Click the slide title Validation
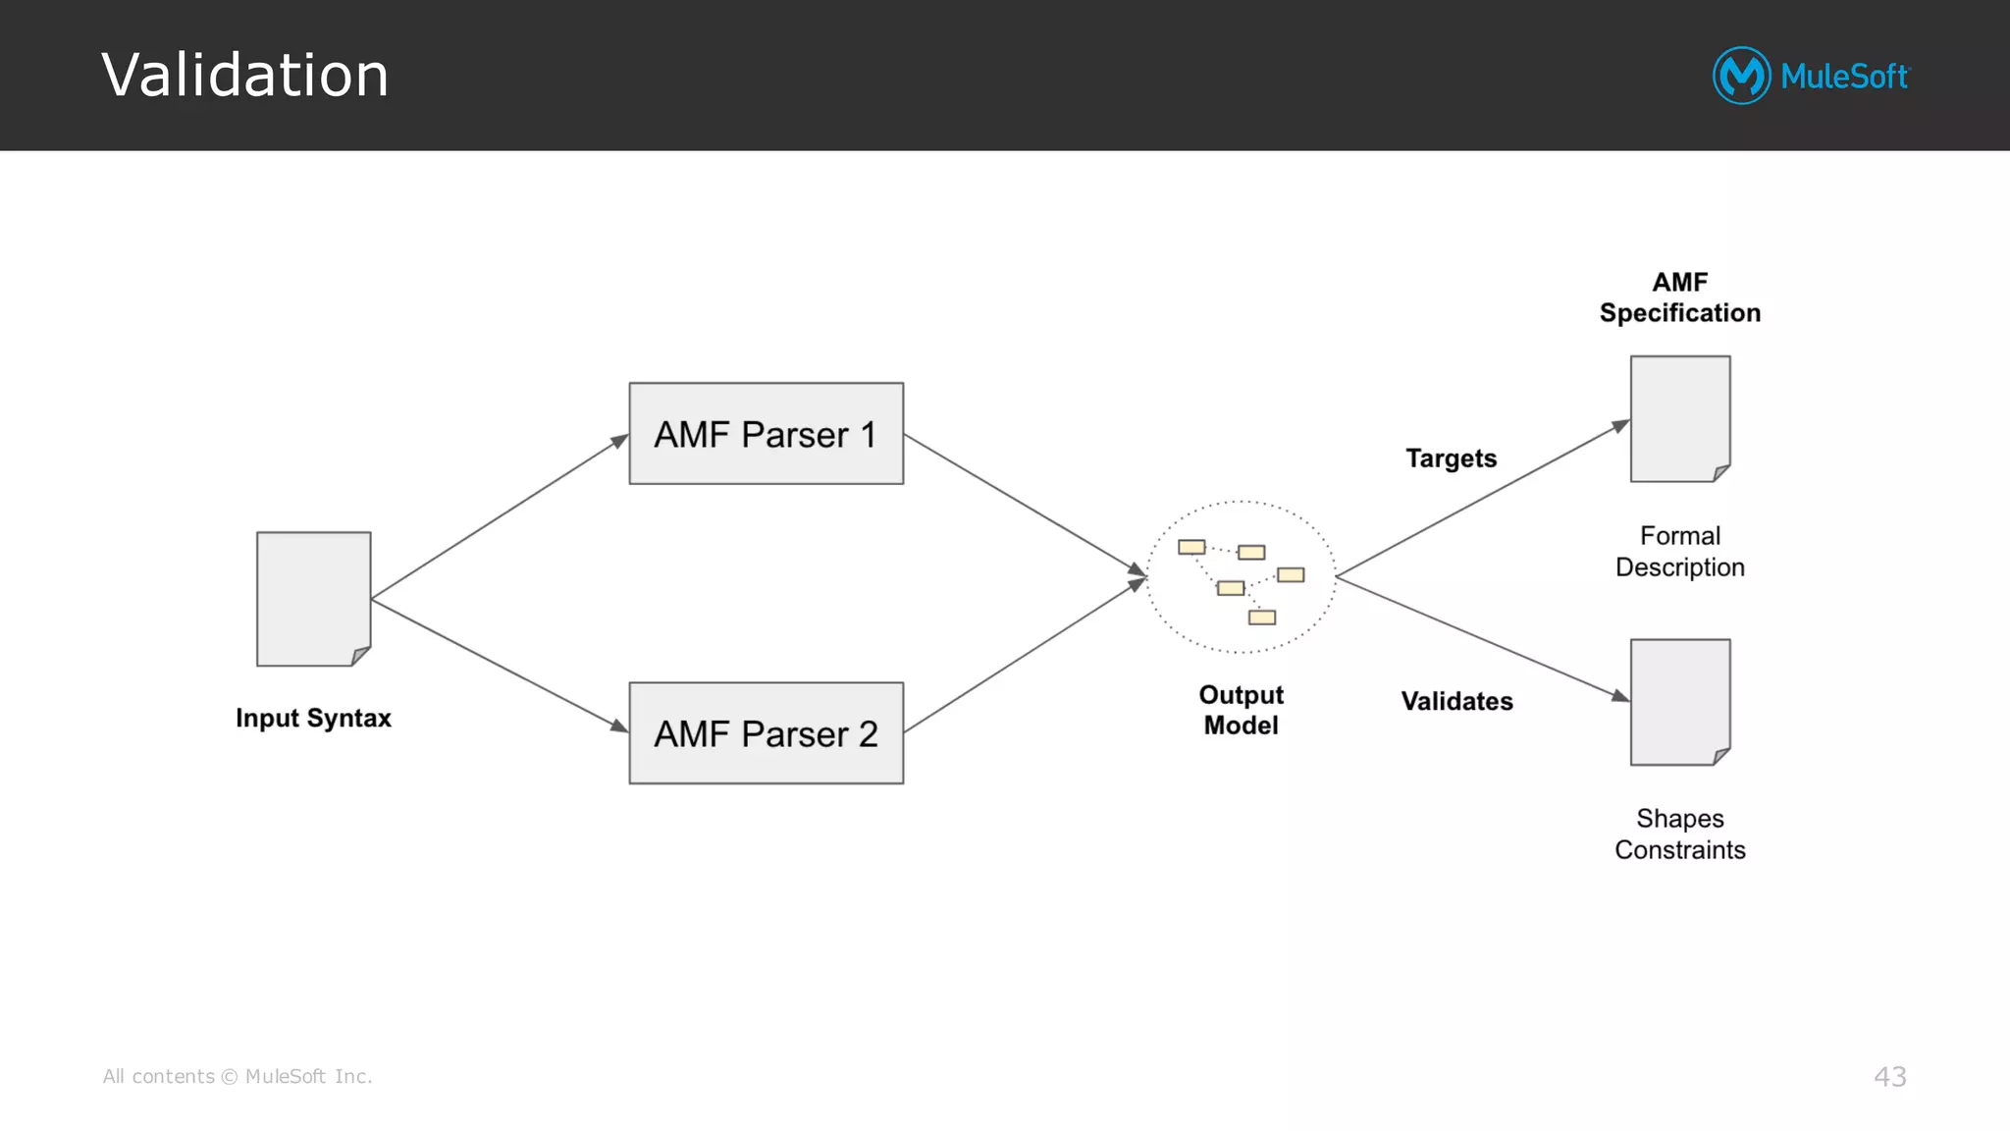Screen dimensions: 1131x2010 pos(244,75)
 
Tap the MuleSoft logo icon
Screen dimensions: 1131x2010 pos(1741,76)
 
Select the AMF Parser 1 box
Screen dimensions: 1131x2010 pos(766,434)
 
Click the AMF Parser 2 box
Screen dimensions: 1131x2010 pos(766,733)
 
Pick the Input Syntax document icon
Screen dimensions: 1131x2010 pos(313,599)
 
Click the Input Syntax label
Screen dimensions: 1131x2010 pos(313,718)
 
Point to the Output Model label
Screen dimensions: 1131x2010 pos(1241,710)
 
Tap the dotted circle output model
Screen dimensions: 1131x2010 pos(1241,577)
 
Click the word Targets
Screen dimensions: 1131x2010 pos(1451,458)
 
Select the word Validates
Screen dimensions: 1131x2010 pos(1456,701)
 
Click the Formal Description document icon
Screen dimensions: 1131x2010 pos(1679,419)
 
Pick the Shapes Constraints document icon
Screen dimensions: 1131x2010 pos(1679,702)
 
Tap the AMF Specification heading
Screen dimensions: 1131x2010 pos(1679,297)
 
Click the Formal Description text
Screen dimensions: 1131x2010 pos(1679,551)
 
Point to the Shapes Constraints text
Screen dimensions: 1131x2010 pos(1679,834)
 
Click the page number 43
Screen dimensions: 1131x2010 pos(1889,1077)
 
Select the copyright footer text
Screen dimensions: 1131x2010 pos(238,1077)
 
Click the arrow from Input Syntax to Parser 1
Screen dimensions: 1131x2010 pos(499,517)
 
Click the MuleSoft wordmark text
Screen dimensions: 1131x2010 pos(1843,77)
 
